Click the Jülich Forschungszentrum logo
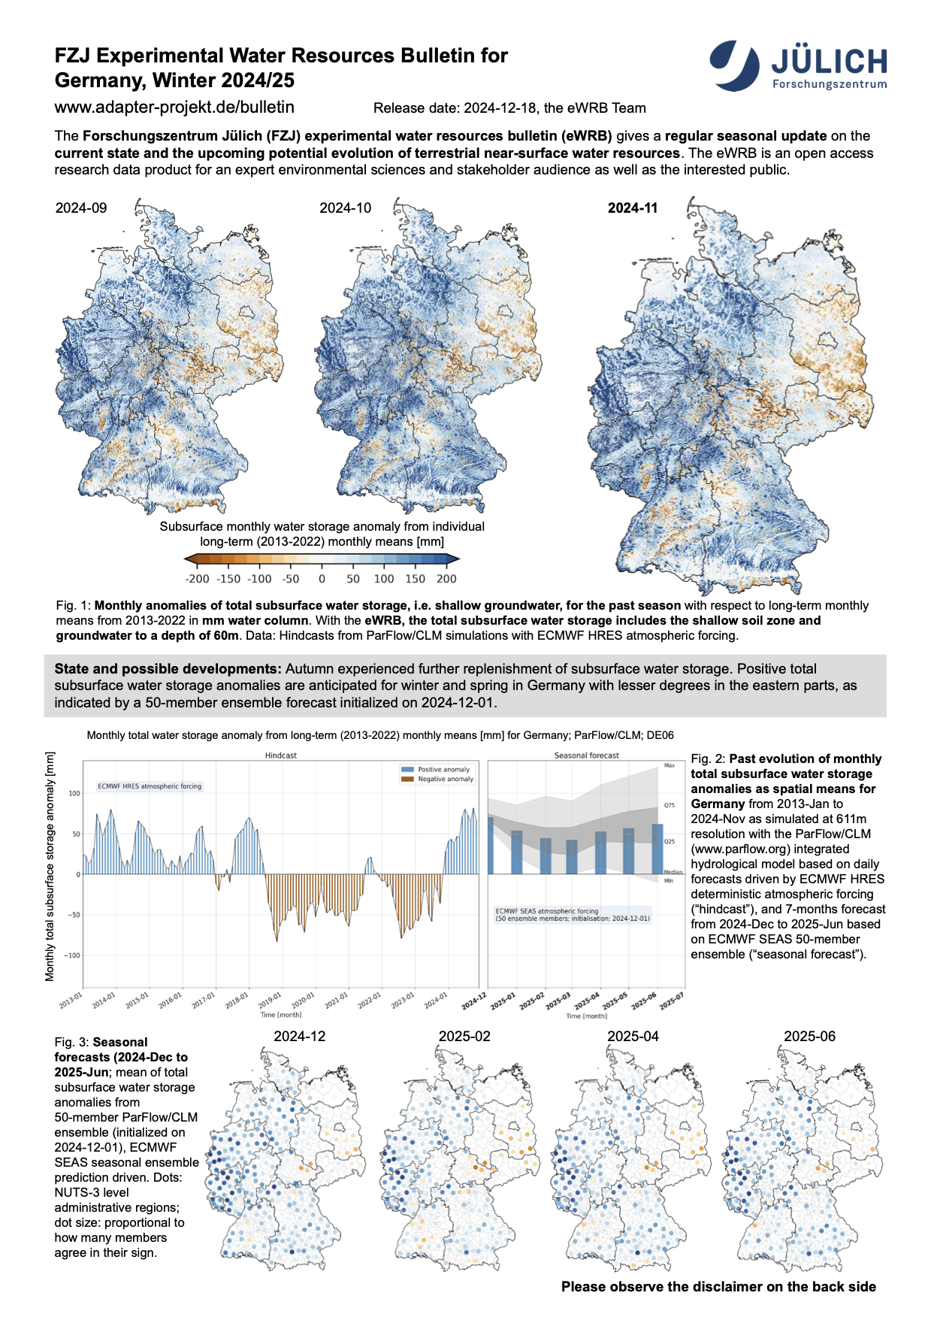tap(798, 66)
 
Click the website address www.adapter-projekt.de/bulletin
tap(174, 107)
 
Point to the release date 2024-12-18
tap(499, 108)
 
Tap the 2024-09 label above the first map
tap(81, 208)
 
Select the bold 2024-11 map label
tap(632, 208)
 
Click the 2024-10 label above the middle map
tap(345, 208)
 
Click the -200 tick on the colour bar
tap(197, 579)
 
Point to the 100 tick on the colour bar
tap(384, 579)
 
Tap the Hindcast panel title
tap(280, 755)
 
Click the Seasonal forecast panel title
tap(586, 755)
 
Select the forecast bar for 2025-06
tap(657, 849)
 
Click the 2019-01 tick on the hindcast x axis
tap(271, 1001)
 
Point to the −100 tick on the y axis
tap(72, 955)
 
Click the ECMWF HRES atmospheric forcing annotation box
tap(150, 786)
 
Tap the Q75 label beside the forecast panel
tap(669, 806)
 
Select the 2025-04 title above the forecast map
tap(633, 1037)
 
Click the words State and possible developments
tap(168, 669)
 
